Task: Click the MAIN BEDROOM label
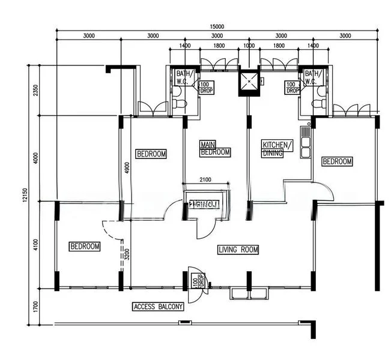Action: click(x=215, y=149)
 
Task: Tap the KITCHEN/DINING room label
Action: click(x=277, y=149)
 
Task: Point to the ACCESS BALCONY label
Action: click(x=158, y=307)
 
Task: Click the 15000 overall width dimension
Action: click(x=217, y=26)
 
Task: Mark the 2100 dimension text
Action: click(x=205, y=179)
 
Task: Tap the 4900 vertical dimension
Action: click(x=127, y=169)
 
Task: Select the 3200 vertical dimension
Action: click(x=127, y=254)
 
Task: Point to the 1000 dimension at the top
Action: click(x=249, y=46)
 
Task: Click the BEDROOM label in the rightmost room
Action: click(x=337, y=161)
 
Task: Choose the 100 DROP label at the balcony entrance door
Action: click(x=195, y=282)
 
